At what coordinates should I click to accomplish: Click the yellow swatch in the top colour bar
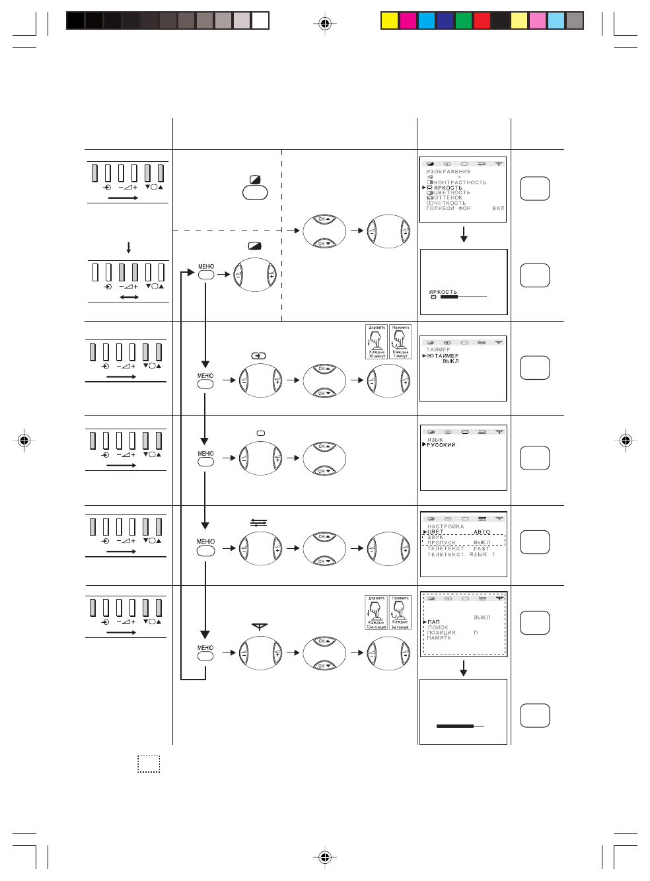[x=390, y=21]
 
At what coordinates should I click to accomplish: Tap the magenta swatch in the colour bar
[x=408, y=21]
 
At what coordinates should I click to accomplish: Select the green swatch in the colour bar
[x=464, y=21]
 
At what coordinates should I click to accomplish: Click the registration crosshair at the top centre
[x=324, y=24]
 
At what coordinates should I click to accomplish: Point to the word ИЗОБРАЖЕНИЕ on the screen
[x=449, y=172]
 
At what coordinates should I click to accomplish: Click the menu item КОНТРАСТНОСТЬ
[x=460, y=182]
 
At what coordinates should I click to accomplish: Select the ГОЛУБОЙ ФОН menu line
[x=449, y=208]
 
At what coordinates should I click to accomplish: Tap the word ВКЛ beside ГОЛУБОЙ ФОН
[x=498, y=208]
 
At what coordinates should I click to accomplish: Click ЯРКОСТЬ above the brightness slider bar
[x=443, y=291]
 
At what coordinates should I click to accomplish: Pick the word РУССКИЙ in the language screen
[x=441, y=445]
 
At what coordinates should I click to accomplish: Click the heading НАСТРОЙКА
[x=446, y=526]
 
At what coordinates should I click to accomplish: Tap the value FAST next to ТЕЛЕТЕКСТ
[x=482, y=549]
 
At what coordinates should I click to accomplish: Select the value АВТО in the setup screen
[x=482, y=532]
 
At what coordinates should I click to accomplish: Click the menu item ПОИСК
[x=438, y=627]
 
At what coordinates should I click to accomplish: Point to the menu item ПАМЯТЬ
[x=439, y=638]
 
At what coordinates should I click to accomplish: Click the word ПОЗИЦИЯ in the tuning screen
[x=441, y=633]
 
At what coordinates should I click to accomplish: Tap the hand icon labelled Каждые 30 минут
[x=376, y=342]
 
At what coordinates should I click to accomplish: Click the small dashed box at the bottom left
[x=149, y=763]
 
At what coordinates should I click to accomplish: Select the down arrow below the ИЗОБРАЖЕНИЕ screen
[x=464, y=234]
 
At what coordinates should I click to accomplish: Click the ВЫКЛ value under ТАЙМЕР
[x=451, y=361]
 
